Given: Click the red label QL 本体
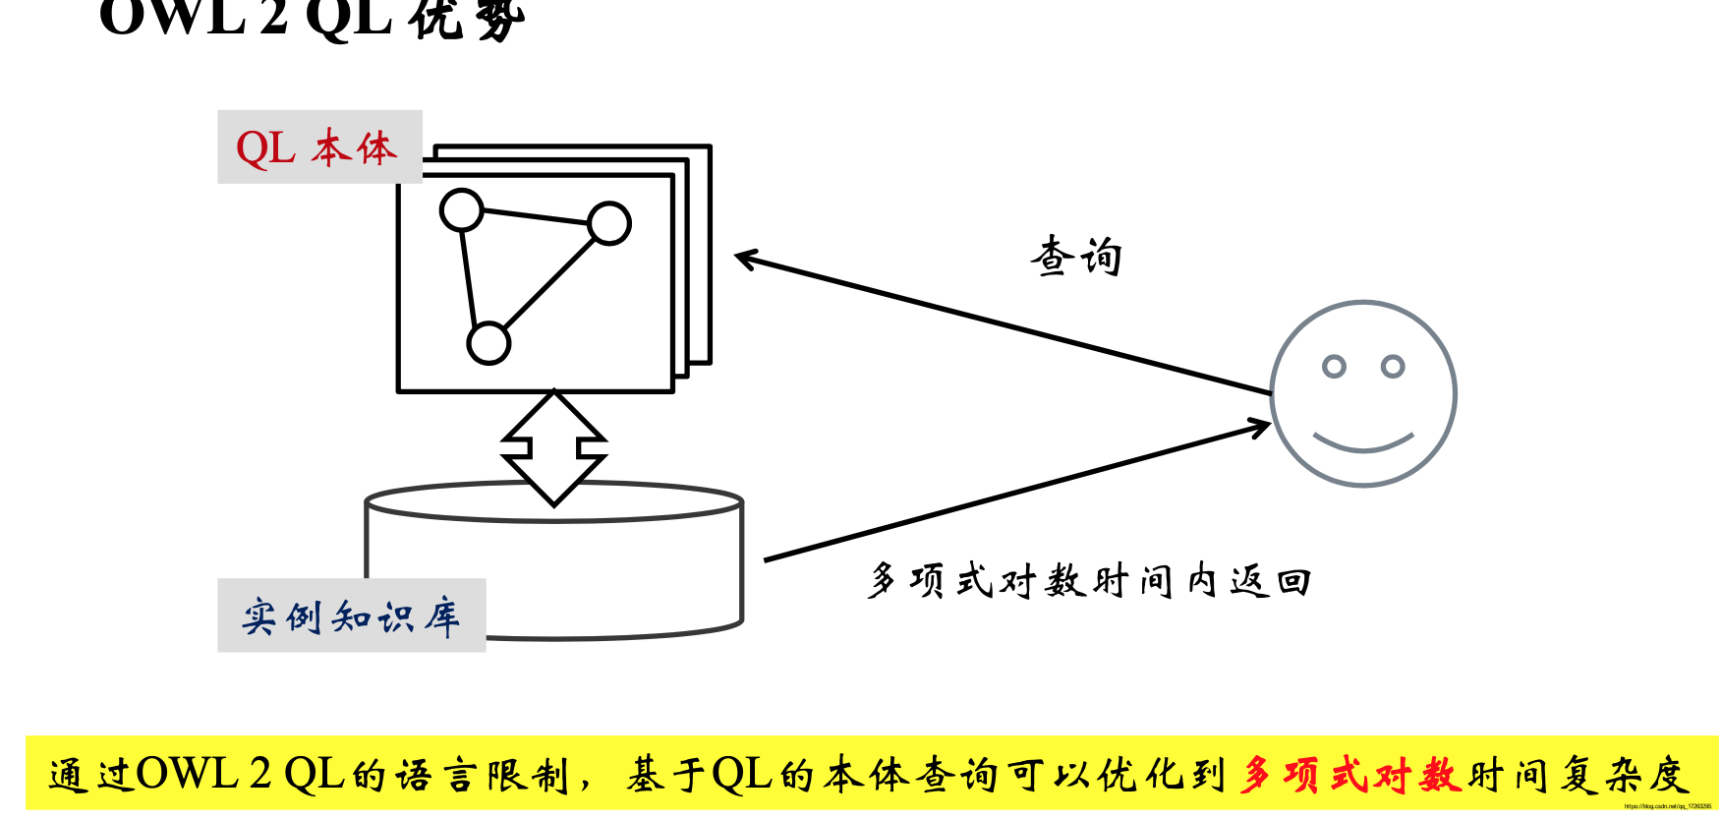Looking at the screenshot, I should pos(317,148).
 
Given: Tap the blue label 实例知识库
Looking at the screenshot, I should pos(351,616).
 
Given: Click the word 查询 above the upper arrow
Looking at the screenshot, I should pos(1076,257).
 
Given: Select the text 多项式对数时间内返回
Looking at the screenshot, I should pos(1089,581).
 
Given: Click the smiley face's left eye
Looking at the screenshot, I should pos(1334,367).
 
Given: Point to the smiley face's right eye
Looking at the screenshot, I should pos(1393,367).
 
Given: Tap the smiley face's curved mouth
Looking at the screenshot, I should pos(1363,443).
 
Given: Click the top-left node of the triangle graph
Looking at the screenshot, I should pos(462,210).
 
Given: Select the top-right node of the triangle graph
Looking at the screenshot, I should pos(609,223).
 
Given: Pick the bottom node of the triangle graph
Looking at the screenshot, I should pos(488,344).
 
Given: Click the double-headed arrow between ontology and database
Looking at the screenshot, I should pos(553,447).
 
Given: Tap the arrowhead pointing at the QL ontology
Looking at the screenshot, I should pos(746,259).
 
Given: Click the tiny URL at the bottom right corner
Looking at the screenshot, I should pos(1667,806).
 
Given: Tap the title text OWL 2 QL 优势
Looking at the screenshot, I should pos(313,18).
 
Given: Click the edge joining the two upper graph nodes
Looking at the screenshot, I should pos(536,217).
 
